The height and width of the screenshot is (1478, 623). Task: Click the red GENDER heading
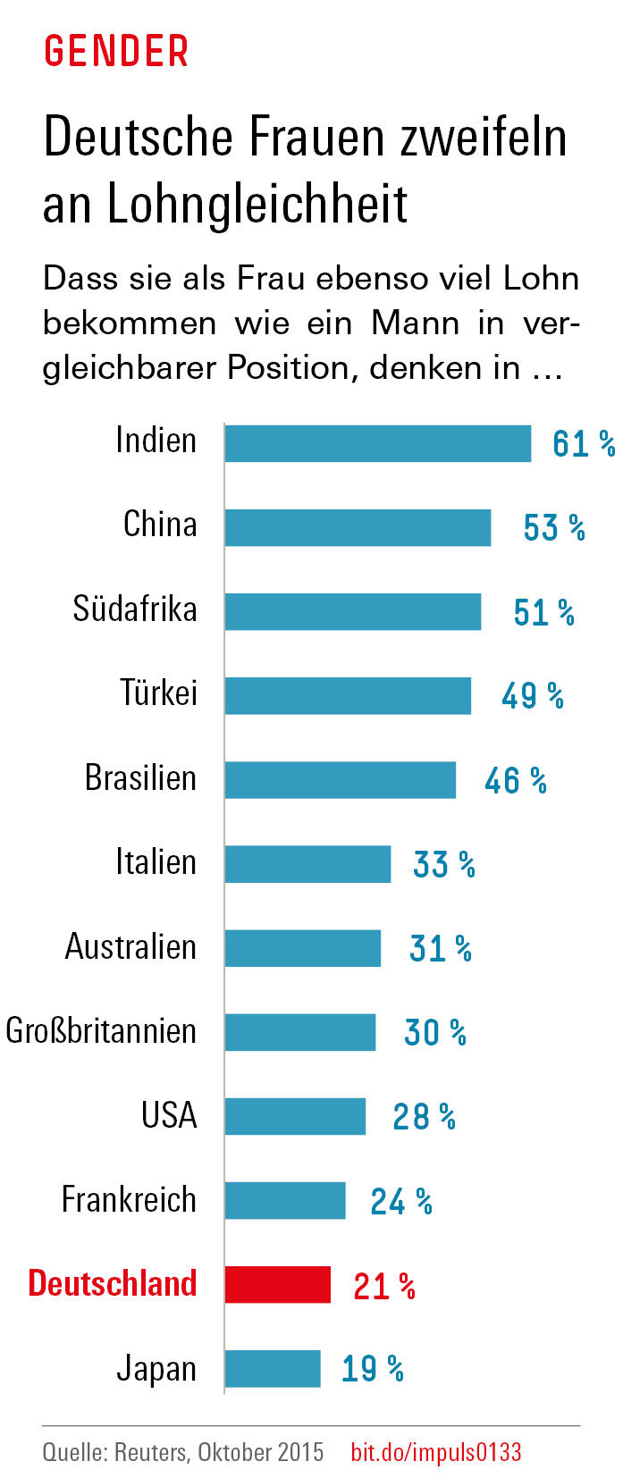116,52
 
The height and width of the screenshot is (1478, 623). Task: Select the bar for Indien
377,443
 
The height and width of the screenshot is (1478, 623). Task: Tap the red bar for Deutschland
277,1284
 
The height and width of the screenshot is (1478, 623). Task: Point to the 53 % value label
554,528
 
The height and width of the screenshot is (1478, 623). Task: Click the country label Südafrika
135,609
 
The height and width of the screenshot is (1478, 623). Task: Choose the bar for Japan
272,1368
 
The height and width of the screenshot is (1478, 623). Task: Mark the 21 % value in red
384,1286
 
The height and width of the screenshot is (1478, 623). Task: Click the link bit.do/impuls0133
435,1451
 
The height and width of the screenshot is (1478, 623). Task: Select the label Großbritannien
101,1031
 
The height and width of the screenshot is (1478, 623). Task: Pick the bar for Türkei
348,695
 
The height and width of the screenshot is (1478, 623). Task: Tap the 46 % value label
516,781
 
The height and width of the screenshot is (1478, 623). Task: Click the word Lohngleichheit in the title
257,205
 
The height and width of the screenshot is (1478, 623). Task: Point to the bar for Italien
307,864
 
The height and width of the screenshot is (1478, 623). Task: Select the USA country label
169,1115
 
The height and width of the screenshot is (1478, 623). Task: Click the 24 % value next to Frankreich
401,1202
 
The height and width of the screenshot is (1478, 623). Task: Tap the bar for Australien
302,948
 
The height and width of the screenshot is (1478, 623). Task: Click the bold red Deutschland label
113,1283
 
